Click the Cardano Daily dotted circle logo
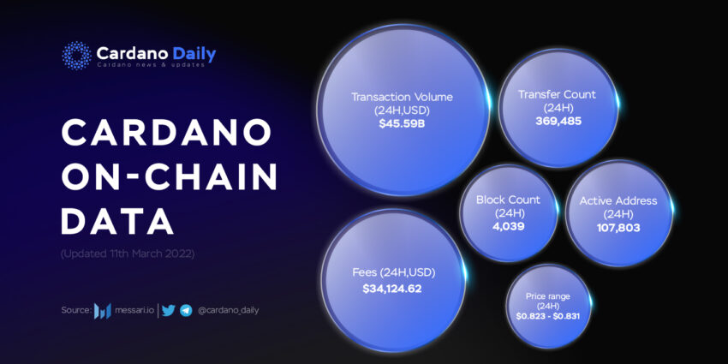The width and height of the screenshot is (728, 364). [76, 56]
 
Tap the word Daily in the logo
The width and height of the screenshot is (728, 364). [194, 54]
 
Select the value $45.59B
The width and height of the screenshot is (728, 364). [402, 124]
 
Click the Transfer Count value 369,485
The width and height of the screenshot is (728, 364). [558, 121]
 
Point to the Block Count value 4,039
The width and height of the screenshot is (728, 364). [508, 227]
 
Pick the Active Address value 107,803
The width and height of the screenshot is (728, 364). [618, 228]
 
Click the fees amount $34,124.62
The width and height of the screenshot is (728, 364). [392, 289]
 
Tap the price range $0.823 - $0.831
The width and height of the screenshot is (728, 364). [547, 316]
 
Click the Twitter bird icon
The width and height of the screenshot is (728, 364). [169, 310]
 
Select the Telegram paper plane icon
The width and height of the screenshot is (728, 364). [186, 311]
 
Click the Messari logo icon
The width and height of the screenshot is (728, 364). [103, 311]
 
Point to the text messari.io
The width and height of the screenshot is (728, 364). [134, 310]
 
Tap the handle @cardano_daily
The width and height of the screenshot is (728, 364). [228, 311]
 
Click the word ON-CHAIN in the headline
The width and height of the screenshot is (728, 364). [169, 176]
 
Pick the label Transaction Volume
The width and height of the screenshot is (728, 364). [402, 97]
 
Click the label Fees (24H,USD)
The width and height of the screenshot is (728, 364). [394, 272]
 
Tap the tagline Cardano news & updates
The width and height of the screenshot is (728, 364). [150, 65]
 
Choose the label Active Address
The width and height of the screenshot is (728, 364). [618, 200]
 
